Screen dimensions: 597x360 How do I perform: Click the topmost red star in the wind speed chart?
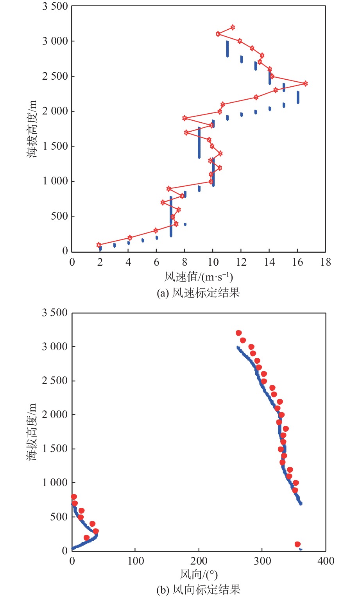(x=233, y=27)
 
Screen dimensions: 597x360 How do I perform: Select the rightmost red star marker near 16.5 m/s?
(x=305, y=84)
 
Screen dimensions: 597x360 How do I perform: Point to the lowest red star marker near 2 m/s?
(x=99, y=245)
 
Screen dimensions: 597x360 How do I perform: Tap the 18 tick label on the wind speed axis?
(x=325, y=262)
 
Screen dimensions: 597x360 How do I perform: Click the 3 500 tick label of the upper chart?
(x=55, y=6)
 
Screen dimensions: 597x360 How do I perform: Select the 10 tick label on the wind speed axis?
(x=213, y=262)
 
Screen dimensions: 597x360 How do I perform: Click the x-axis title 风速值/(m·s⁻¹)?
(x=199, y=277)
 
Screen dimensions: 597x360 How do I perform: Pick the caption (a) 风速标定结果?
(x=199, y=293)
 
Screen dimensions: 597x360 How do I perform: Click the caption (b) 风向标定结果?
(x=199, y=590)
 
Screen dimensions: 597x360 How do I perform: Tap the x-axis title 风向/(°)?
(x=199, y=574)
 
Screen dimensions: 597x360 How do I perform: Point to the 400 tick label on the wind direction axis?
(x=325, y=561)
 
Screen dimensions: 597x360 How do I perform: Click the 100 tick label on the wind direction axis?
(x=136, y=561)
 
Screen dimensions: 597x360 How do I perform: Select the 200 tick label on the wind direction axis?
(x=199, y=561)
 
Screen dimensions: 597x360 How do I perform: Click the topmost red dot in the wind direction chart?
(x=239, y=333)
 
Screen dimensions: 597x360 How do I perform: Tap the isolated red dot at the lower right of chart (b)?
(x=297, y=544)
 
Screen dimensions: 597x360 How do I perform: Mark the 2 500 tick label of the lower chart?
(x=55, y=381)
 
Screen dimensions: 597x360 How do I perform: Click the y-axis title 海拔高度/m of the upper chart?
(x=32, y=129)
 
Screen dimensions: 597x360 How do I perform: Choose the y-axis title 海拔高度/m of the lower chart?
(x=32, y=432)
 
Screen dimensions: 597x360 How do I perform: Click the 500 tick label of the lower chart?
(x=59, y=517)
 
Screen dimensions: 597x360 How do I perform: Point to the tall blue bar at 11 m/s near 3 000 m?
(x=227, y=49)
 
